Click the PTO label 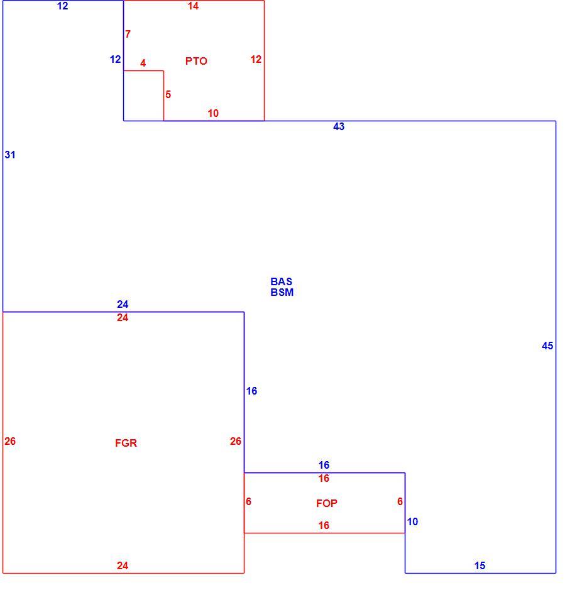tap(196, 61)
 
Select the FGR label tap(126, 443)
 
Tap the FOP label tap(327, 504)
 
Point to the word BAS tap(282, 281)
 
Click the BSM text tap(282, 292)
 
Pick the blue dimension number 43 tap(339, 127)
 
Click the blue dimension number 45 tap(547, 346)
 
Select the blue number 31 tap(10, 155)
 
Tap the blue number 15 tap(480, 565)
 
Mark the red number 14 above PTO tap(194, 6)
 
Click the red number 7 tap(128, 35)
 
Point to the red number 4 tap(143, 63)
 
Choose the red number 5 tap(168, 94)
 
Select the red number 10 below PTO tap(213, 113)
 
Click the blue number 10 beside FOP tap(412, 521)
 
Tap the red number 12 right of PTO tap(256, 59)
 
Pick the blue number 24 tap(123, 304)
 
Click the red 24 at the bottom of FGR tap(123, 565)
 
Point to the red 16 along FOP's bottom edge tap(324, 525)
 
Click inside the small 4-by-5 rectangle tap(143, 95)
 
